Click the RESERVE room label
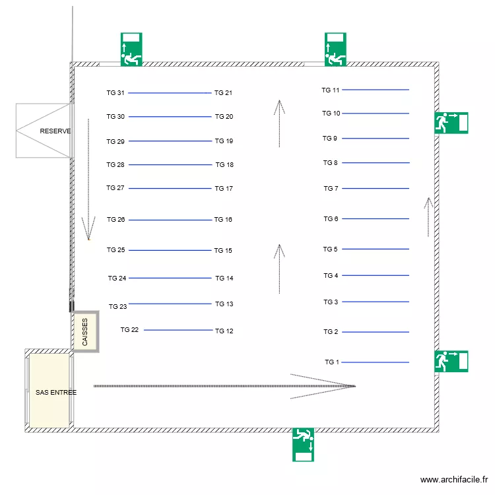pyautogui.click(x=55, y=131)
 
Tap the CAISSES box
pyautogui.click(x=85, y=332)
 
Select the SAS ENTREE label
pyautogui.click(x=56, y=392)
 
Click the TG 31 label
pyautogui.click(x=115, y=93)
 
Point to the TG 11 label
pyautogui.click(x=331, y=90)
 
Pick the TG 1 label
pyautogui.click(x=331, y=362)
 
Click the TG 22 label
pyautogui.click(x=129, y=329)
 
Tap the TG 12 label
pyautogui.click(x=224, y=331)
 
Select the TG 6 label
pyautogui.click(x=331, y=219)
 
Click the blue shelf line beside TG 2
pyautogui.click(x=376, y=332)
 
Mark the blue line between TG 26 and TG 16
pyautogui.click(x=170, y=220)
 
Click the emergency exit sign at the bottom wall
pyautogui.click(x=303, y=444)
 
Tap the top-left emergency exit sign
pyautogui.click(x=131, y=49)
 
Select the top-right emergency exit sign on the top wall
pyautogui.click(x=335, y=49)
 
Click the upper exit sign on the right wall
pyautogui.click(x=451, y=123)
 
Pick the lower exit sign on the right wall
pyautogui.click(x=451, y=361)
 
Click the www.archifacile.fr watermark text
pyautogui.click(x=453, y=480)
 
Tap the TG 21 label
pyautogui.click(x=223, y=93)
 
